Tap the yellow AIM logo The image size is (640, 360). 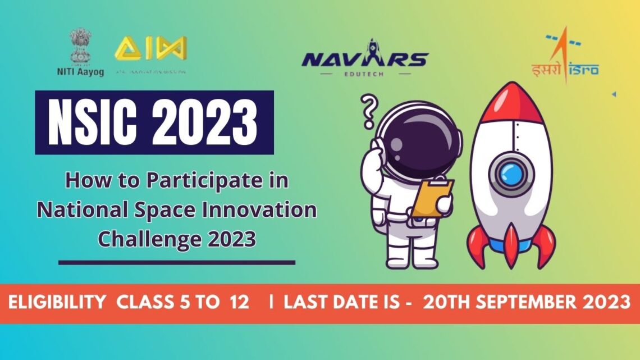150,49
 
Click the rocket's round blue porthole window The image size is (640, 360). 511,174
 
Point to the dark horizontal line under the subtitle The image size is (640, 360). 176,262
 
